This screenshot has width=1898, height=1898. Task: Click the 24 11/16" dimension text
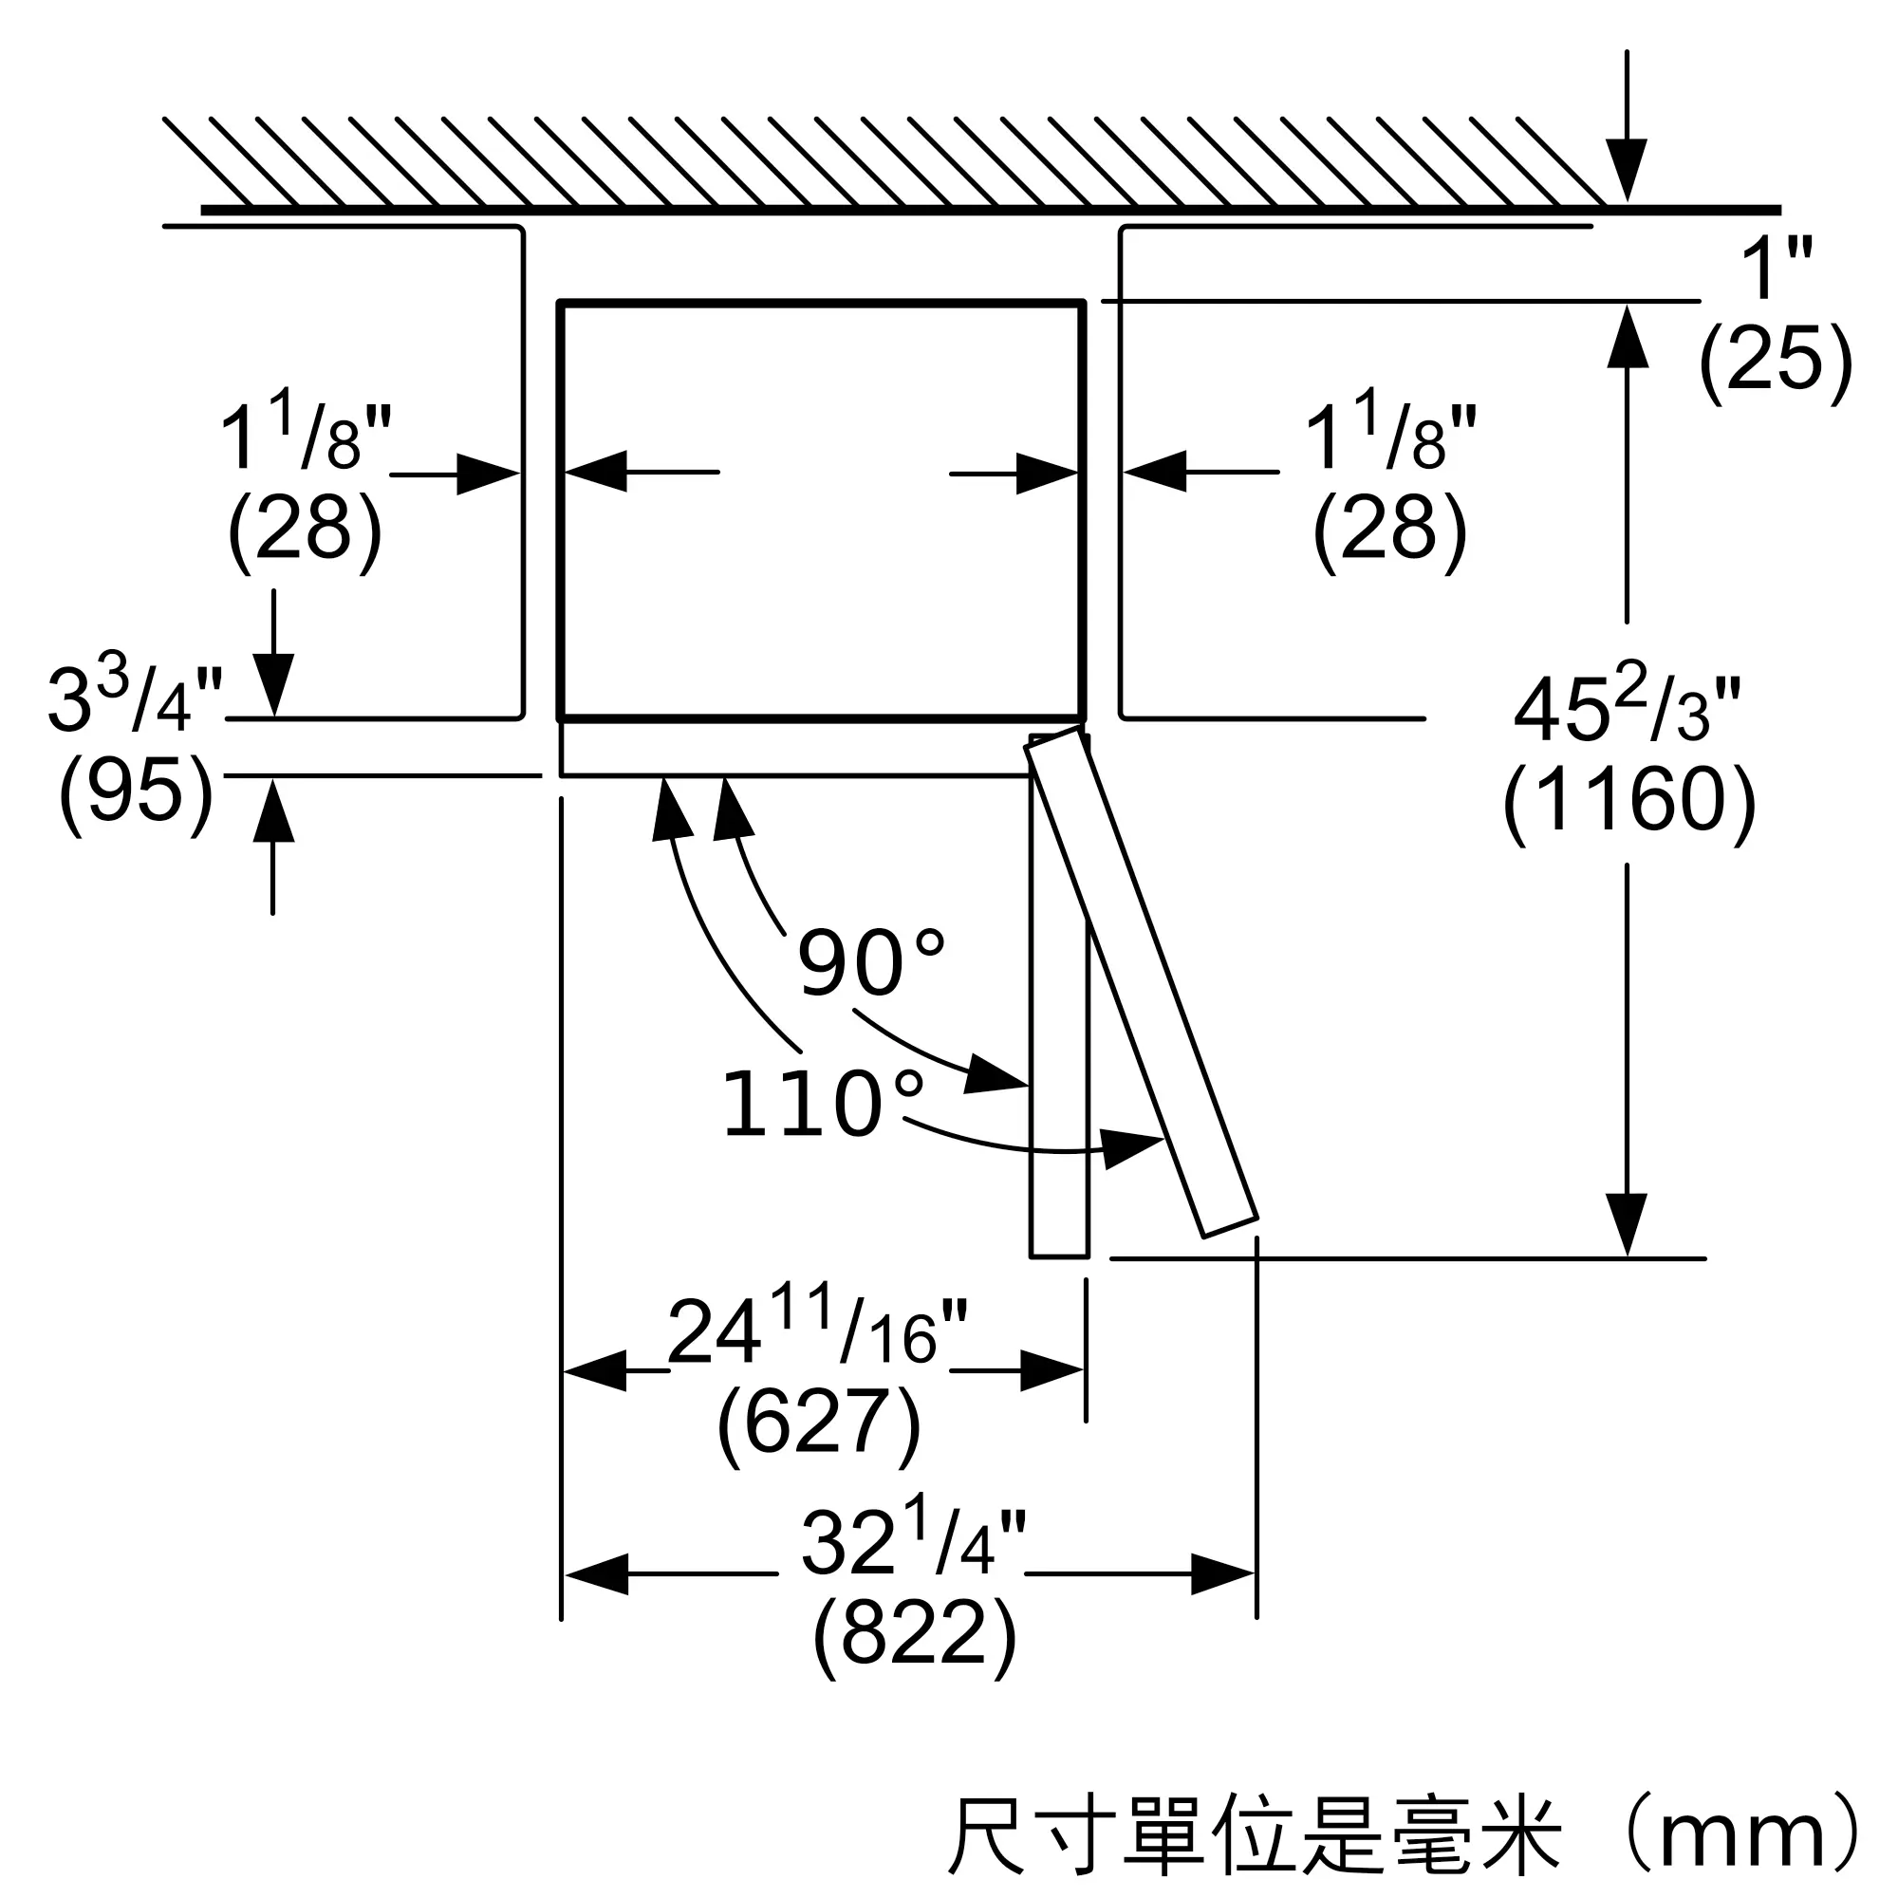click(x=817, y=1325)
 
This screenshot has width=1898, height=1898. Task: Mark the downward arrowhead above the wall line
click(x=1627, y=171)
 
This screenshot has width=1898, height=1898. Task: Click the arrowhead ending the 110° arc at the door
click(x=1133, y=1147)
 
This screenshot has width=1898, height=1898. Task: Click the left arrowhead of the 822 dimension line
click(x=596, y=1574)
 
